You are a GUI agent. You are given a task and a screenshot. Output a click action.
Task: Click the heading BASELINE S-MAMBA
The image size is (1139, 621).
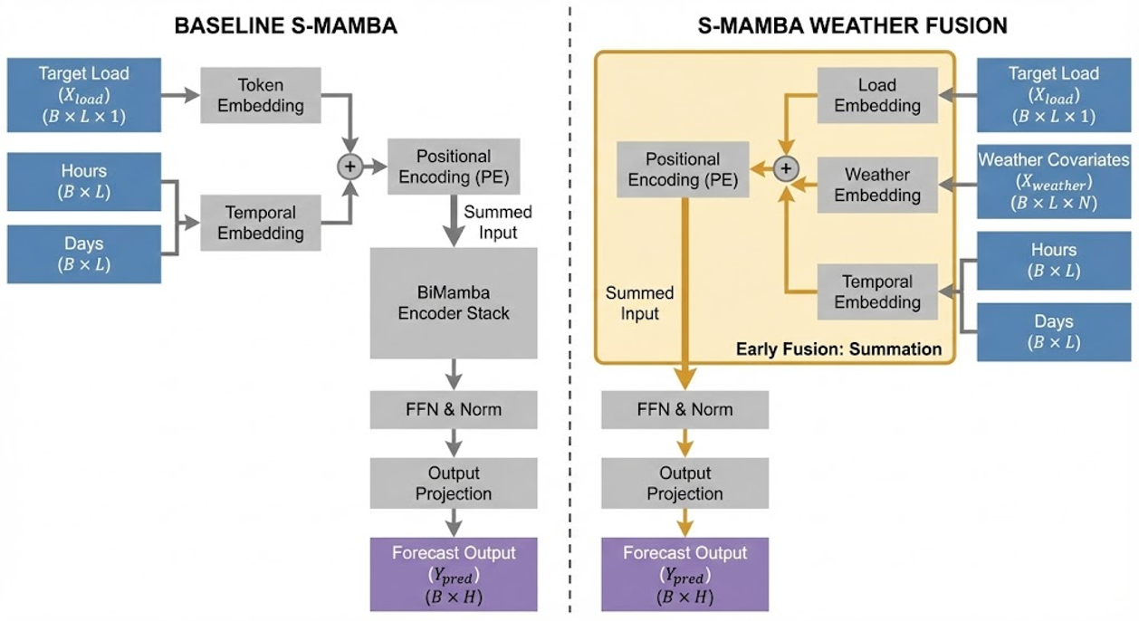coord(285,25)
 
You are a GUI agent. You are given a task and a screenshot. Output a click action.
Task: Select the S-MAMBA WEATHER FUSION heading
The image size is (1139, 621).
coord(853,25)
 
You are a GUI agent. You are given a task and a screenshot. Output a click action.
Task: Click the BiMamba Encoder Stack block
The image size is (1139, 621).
coord(454,302)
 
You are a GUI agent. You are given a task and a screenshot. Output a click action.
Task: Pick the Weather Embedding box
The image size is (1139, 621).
coord(877,185)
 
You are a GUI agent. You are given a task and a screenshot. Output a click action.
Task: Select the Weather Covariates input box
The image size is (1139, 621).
coord(1053,182)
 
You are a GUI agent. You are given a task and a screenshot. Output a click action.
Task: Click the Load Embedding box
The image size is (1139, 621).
coord(877,96)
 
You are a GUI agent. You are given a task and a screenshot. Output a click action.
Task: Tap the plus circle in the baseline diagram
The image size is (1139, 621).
coord(349,167)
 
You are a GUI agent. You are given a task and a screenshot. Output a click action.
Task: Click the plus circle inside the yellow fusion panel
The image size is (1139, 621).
coord(786,168)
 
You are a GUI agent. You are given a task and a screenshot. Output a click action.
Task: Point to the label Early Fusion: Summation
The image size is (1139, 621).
coord(838,349)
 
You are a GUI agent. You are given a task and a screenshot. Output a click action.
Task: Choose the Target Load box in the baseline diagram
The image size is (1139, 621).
coord(83,95)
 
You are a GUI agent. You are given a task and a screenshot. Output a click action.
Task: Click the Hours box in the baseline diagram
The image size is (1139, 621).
coord(83,182)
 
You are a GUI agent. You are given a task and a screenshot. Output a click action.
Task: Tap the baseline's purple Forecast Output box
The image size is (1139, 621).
coord(454,574)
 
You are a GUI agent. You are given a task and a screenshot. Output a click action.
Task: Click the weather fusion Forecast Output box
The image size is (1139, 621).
coord(684,574)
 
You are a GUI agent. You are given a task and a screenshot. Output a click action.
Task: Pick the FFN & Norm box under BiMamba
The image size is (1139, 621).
coord(454,409)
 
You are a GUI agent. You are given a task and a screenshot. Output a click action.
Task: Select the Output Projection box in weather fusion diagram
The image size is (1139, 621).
coord(684,483)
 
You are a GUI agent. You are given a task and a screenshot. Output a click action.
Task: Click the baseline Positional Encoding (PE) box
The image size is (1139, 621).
coord(454,167)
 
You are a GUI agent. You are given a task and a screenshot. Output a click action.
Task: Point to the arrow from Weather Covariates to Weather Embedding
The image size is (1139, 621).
coord(958,185)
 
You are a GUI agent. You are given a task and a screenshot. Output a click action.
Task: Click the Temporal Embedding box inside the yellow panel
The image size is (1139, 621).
coord(877,291)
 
